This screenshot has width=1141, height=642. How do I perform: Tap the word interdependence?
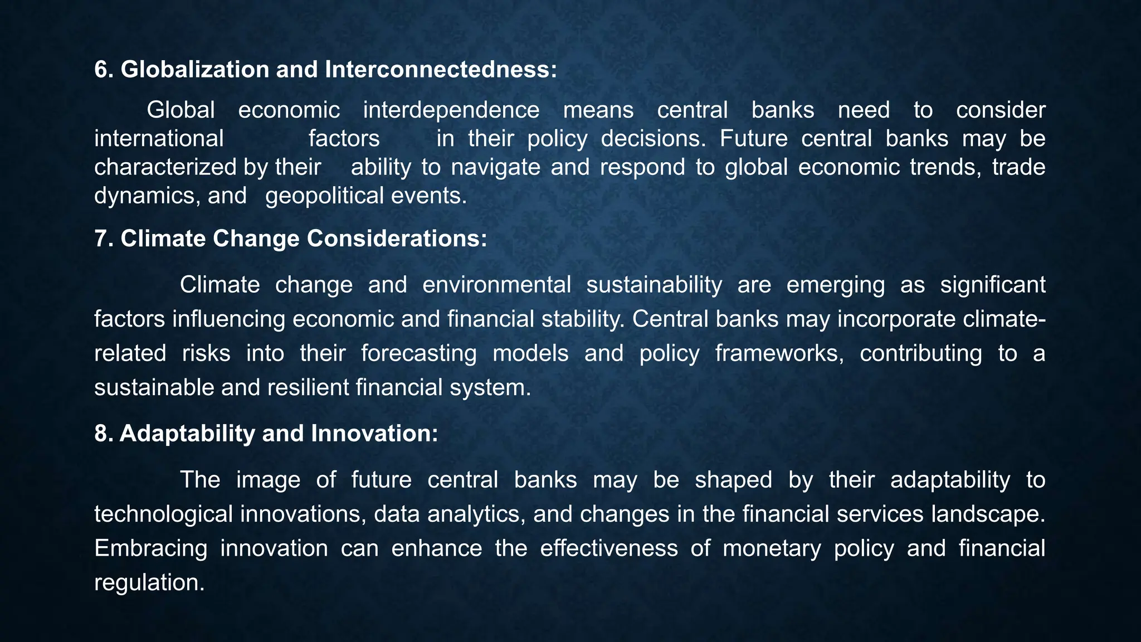(x=451, y=110)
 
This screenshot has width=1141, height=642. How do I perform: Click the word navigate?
(x=496, y=167)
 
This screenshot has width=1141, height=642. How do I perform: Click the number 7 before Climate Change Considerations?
(x=100, y=239)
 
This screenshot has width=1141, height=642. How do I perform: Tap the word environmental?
(x=496, y=285)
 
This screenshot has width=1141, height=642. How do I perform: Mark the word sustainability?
(x=654, y=285)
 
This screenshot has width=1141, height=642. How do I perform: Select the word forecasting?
(x=418, y=353)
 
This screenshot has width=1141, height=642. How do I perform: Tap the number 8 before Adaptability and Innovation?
(x=100, y=434)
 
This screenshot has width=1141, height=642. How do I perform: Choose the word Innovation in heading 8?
(x=374, y=434)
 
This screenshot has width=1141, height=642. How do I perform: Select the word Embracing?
(x=150, y=548)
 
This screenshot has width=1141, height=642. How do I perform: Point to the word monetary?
(x=772, y=548)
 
